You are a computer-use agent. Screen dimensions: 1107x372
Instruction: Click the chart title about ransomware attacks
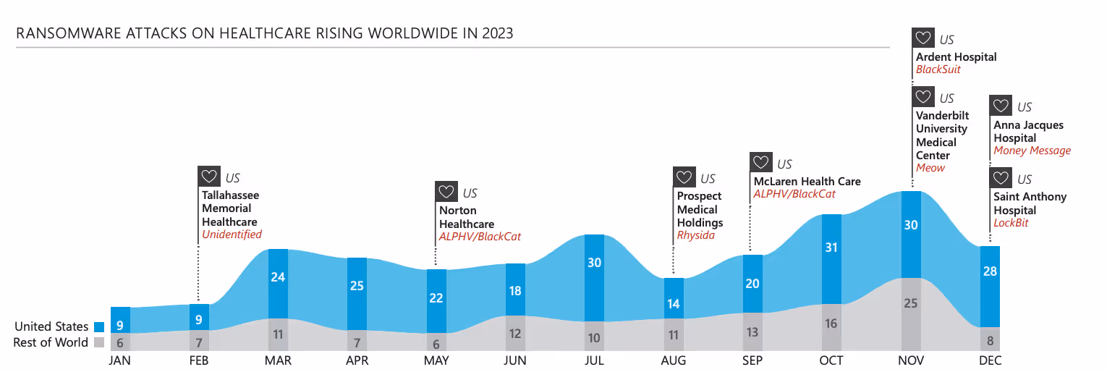click(x=264, y=33)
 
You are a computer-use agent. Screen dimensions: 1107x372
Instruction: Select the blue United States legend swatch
click(x=99, y=327)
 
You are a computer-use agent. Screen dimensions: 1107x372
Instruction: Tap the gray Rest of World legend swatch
click(x=99, y=342)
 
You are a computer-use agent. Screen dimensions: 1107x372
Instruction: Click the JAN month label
click(x=119, y=360)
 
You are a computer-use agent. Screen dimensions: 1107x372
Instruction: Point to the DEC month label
click(x=990, y=360)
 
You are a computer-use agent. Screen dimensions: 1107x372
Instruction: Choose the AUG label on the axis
click(x=673, y=360)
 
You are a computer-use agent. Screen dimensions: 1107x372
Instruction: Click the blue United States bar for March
click(x=279, y=284)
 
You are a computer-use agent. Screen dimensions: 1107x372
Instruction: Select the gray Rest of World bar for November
click(x=911, y=314)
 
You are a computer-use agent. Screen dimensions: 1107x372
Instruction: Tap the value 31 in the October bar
click(x=831, y=248)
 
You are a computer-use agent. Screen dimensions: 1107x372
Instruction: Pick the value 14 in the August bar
click(x=673, y=304)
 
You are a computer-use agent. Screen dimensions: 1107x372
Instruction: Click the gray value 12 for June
click(x=515, y=334)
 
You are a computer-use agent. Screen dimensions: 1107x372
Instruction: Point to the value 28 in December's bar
click(x=990, y=271)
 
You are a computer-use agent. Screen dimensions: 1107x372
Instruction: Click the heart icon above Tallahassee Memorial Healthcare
click(x=209, y=177)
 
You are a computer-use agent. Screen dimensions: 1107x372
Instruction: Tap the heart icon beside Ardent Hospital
click(x=923, y=38)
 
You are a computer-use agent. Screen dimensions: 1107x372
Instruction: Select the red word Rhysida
click(x=696, y=236)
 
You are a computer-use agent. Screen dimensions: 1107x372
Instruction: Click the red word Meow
click(x=930, y=168)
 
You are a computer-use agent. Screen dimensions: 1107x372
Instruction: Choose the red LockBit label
click(x=1011, y=224)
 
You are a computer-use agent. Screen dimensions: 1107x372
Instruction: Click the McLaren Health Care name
click(x=807, y=182)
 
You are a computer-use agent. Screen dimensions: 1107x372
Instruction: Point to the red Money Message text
click(x=1032, y=151)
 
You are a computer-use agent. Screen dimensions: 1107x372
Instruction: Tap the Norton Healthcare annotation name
click(x=467, y=217)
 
